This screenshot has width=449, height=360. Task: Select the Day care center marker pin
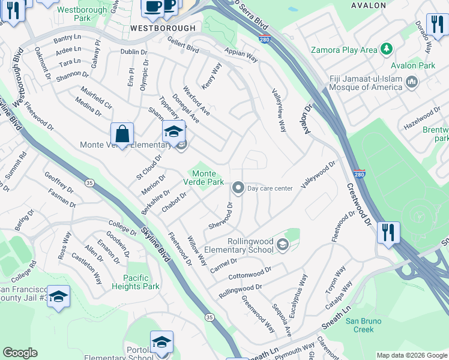(238, 188)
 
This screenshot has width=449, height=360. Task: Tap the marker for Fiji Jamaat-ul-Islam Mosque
(412, 82)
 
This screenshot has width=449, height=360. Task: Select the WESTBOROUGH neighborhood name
(163, 28)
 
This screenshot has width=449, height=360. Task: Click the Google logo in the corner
(20, 353)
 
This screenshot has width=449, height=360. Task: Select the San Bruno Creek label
(363, 325)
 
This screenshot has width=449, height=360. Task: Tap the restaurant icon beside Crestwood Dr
(388, 232)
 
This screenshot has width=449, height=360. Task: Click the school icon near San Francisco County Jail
(58, 297)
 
